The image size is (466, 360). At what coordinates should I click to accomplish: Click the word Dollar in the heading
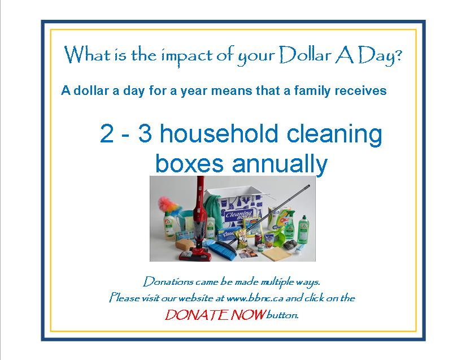[307, 55]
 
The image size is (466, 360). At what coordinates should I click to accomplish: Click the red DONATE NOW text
[215, 315]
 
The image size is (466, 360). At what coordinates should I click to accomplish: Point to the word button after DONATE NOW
[281, 315]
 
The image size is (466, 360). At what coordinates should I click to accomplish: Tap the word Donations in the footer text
[167, 281]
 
